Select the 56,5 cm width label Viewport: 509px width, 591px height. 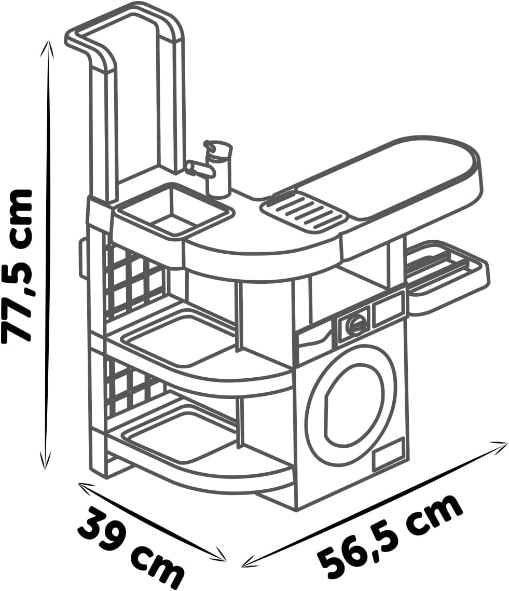388,534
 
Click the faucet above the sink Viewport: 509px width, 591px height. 212,167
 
